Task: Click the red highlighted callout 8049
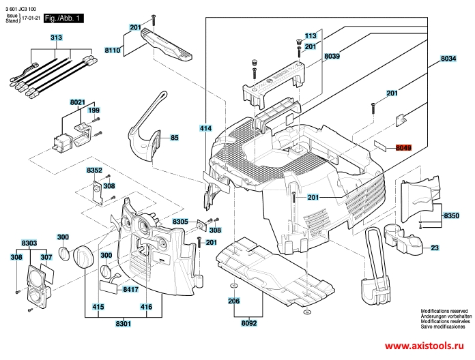[403, 147]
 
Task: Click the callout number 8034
[448, 59]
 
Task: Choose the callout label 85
[174, 138]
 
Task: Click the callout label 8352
[94, 170]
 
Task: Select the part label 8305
[181, 222]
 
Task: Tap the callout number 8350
[452, 215]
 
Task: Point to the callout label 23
[434, 248]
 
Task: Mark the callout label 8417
[130, 290]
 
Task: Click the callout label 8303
[29, 242]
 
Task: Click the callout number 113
[311, 35]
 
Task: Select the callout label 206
[233, 301]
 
